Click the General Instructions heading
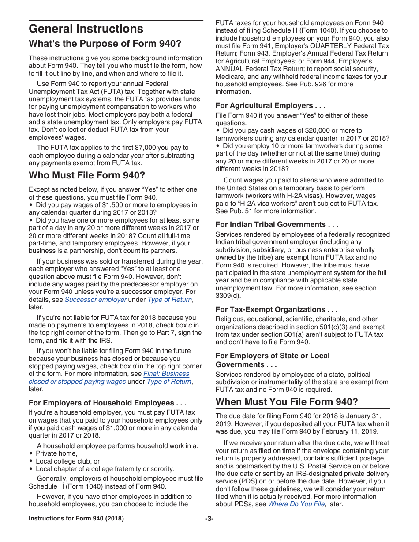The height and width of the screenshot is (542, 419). point(86,29)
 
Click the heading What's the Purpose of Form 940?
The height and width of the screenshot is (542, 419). point(105,44)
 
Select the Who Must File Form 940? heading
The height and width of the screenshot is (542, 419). point(87,175)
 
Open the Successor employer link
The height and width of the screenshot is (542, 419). point(95,300)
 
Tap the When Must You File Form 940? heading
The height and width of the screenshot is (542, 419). point(286,402)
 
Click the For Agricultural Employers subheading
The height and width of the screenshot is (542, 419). point(270,105)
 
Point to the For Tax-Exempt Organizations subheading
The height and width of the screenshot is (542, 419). point(276,309)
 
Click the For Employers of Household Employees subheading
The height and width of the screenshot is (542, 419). point(107,403)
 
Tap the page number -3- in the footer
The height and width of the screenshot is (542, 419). point(209,519)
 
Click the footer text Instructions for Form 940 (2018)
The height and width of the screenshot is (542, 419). point(76,519)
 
